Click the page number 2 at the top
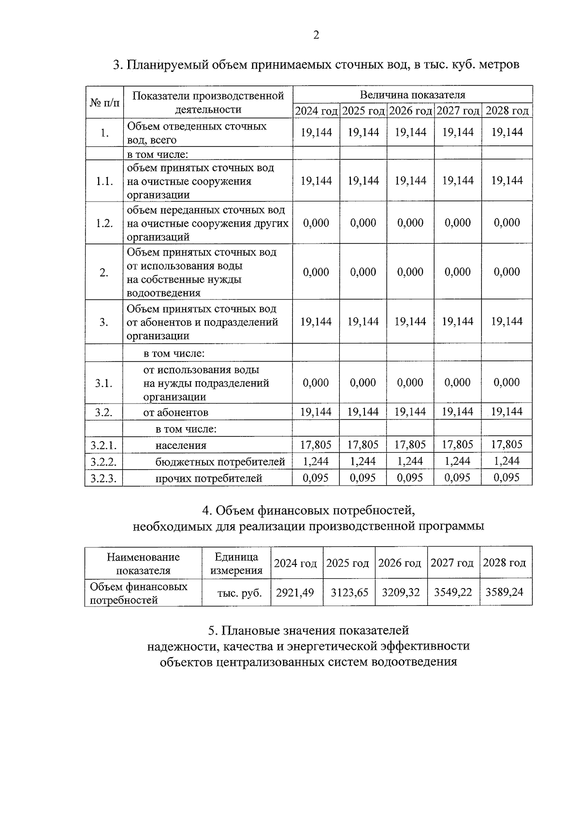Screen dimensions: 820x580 (316, 35)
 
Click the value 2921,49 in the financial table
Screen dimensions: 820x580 (295, 592)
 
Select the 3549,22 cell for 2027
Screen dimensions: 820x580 (453, 592)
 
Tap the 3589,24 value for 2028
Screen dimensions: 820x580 (505, 592)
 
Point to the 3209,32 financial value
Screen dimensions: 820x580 (401, 592)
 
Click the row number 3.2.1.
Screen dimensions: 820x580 (103, 445)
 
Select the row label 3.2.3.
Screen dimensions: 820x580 (103, 478)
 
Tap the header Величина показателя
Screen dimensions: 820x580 (412, 95)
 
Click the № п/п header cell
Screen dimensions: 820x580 (104, 102)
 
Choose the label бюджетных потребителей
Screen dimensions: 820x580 (220, 462)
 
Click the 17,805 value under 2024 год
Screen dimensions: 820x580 (316, 445)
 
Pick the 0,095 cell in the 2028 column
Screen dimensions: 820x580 (507, 478)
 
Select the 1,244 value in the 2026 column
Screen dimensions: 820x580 (410, 461)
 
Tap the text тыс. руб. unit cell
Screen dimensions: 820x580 (239, 593)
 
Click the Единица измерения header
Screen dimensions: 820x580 (236, 563)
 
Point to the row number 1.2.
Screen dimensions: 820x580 (104, 223)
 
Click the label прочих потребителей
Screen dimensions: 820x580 (208, 478)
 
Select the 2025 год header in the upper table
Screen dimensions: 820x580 (363, 111)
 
